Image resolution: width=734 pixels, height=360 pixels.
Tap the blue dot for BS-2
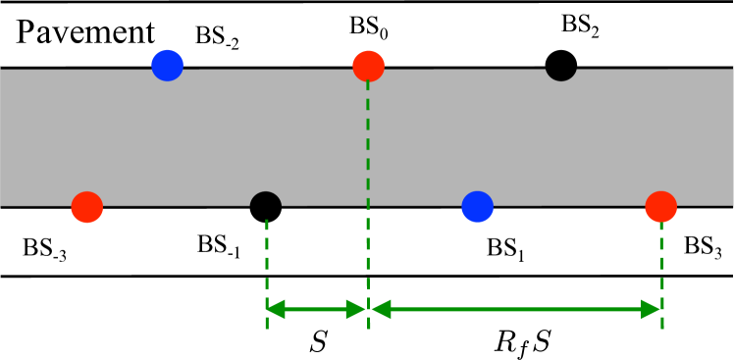[169, 66]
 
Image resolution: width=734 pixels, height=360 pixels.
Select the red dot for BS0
[368, 67]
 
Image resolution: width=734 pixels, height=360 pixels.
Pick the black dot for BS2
[560, 66]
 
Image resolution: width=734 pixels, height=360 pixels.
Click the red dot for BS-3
[87, 206]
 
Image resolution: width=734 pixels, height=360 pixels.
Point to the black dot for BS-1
[266, 207]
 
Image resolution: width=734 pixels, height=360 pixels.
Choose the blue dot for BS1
[478, 206]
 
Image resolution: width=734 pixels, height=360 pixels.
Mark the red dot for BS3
[661, 206]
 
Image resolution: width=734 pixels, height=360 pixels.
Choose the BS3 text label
[703, 246]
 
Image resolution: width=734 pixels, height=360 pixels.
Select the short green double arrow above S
[317, 310]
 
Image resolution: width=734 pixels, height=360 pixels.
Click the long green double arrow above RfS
[515, 310]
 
